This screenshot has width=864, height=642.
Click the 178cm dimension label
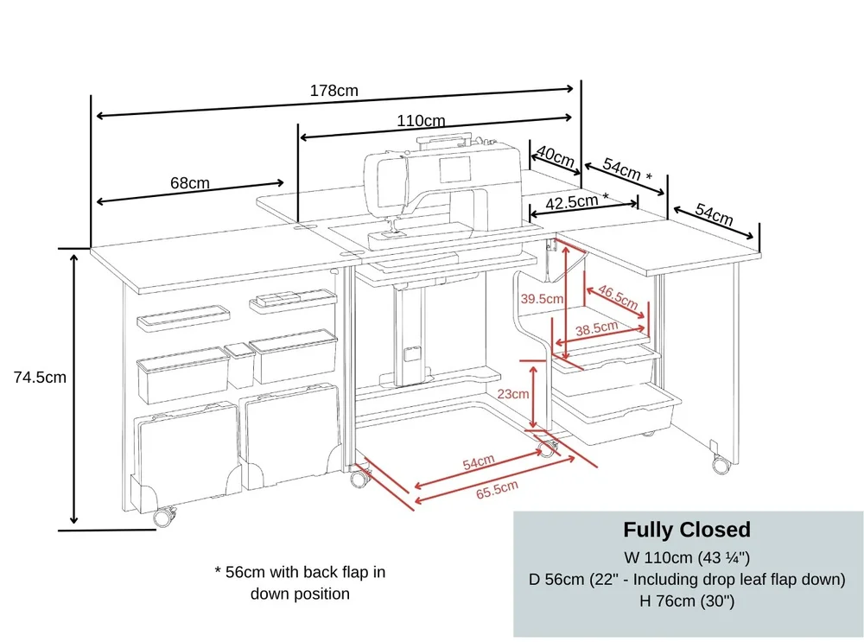tap(334, 91)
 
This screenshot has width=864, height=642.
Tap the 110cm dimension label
tap(421, 121)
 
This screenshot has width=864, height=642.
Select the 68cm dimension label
tap(190, 183)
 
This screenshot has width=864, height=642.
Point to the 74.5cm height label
tap(41, 378)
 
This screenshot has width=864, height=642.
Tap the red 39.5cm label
tap(543, 299)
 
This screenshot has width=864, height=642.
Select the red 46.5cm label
tap(618, 297)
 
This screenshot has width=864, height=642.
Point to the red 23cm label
tap(513, 394)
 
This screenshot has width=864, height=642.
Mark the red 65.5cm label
tap(497, 489)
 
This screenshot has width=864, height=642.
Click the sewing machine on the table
tap(442, 191)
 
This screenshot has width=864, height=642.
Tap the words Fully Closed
tap(687, 530)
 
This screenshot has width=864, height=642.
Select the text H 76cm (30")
tap(687, 601)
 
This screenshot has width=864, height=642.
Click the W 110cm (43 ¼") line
tap(687, 557)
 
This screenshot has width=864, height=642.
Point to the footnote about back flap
tap(301, 582)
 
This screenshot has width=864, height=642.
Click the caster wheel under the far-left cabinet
tap(165, 517)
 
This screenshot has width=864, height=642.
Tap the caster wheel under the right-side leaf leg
tap(721, 464)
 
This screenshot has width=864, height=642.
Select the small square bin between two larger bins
tap(239, 365)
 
